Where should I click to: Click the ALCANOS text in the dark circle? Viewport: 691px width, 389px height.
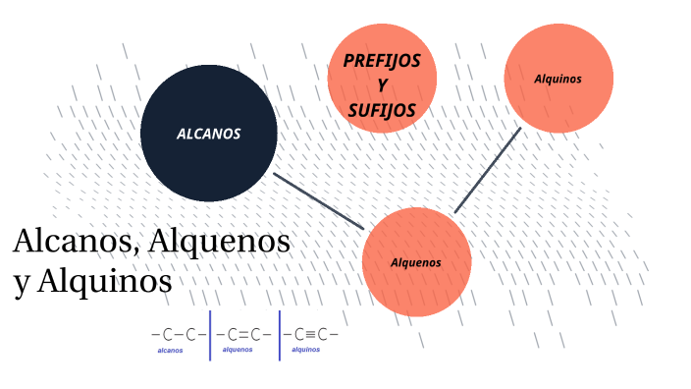click(x=208, y=134)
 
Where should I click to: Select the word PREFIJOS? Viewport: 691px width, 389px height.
click(x=382, y=61)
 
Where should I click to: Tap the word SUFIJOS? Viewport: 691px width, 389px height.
click(x=382, y=110)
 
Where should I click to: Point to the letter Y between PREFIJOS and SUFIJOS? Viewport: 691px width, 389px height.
click(x=382, y=85)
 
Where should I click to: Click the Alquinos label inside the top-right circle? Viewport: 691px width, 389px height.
click(x=558, y=78)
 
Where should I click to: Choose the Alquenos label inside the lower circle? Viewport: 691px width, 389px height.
click(x=416, y=262)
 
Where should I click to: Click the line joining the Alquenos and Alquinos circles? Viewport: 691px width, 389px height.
click(x=488, y=169)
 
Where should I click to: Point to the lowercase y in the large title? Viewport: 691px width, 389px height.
click(x=23, y=284)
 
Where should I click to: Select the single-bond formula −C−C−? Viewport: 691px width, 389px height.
click(x=179, y=334)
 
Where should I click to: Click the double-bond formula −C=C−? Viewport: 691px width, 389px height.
click(x=244, y=334)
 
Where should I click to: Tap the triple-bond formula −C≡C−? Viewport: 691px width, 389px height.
click(x=311, y=334)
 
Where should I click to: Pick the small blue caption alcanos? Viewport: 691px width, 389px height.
click(x=170, y=350)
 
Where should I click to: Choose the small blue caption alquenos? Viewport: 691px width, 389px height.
click(x=238, y=349)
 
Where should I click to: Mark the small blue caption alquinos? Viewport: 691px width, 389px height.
click(x=305, y=349)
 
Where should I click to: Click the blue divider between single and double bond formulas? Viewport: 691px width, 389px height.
click(x=210, y=336)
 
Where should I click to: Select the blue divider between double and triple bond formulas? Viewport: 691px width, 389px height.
click(x=280, y=336)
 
